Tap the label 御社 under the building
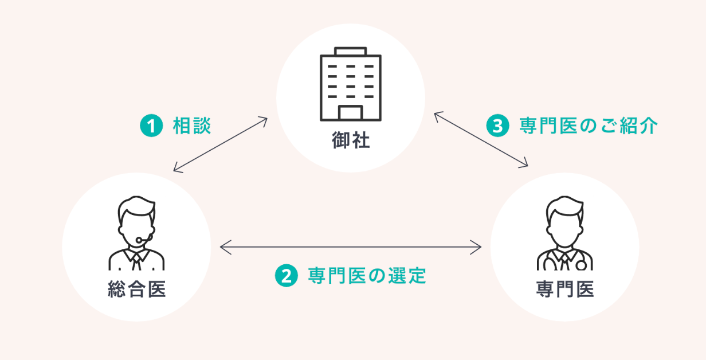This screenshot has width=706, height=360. click(x=351, y=141)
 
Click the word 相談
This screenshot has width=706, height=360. click(x=192, y=126)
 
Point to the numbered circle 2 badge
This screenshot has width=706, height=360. click(x=287, y=276)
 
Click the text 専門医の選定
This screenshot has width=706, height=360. click(x=367, y=276)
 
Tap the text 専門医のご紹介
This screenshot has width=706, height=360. click(x=588, y=126)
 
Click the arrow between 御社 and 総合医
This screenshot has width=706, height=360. click(x=221, y=144)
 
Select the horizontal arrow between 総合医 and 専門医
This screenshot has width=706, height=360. click(x=350, y=248)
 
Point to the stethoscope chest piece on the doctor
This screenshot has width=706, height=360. click(x=581, y=265)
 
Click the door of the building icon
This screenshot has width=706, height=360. click(x=350, y=112)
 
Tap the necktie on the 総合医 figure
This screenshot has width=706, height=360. click(x=136, y=262)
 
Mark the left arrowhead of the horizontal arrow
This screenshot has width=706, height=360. click(x=224, y=248)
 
